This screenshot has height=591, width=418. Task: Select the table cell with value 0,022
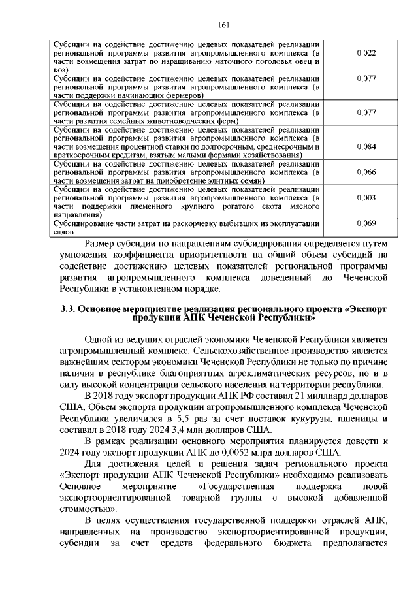367,52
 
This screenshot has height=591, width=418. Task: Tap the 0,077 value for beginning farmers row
367,79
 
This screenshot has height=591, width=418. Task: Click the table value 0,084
367,146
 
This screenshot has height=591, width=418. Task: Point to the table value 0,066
367,172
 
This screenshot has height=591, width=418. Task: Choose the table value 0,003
367,197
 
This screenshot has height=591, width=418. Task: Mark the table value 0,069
367,223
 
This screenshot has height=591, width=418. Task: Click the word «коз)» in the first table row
61,70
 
